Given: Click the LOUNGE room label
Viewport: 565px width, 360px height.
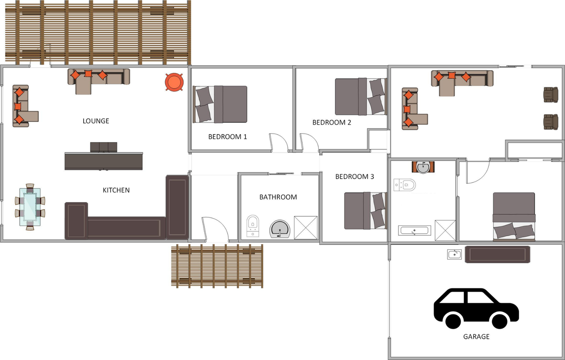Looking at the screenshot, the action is tap(96, 121).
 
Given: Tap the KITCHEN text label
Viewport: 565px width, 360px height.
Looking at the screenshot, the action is tap(116, 190).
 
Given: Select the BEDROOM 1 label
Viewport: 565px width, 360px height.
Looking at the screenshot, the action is tap(227, 137).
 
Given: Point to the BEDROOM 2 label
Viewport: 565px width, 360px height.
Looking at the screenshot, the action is tap(332, 122).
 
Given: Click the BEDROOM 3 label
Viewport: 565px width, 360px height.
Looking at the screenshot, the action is tap(355, 176).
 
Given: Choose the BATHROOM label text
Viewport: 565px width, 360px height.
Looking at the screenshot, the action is tap(278, 197).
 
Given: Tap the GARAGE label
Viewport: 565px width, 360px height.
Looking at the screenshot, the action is tap(476, 337).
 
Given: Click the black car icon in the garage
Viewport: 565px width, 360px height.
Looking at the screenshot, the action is tap(476, 308).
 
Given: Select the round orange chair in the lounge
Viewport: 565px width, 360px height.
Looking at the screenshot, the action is tap(174, 82).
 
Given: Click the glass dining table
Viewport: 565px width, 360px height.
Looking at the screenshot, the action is tap(30, 207).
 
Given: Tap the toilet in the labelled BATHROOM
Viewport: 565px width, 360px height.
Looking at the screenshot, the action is tap(253, 225).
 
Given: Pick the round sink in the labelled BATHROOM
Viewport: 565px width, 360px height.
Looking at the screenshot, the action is tap(280, 229).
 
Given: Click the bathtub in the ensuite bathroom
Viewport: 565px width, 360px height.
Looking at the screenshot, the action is tap(415, 230).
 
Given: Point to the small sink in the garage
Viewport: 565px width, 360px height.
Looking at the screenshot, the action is tap(454, 254).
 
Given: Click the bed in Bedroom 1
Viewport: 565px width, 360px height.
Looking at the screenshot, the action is tap(220, 104).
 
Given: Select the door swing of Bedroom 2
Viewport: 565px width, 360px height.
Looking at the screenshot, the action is tap(309, 143).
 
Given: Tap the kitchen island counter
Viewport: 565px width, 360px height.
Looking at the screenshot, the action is tap(104, 161).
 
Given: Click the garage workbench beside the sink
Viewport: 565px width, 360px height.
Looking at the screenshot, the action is tap(497, 254).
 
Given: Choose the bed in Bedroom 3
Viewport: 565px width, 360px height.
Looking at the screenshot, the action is tap(366, 211).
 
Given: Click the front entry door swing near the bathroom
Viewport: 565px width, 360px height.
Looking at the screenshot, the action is tap(215, 229).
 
